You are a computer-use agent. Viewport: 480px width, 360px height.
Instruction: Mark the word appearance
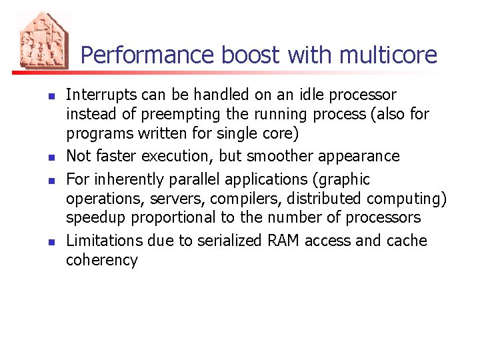point(361,156)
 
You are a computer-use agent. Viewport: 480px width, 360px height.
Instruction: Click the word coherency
point(101,260)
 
